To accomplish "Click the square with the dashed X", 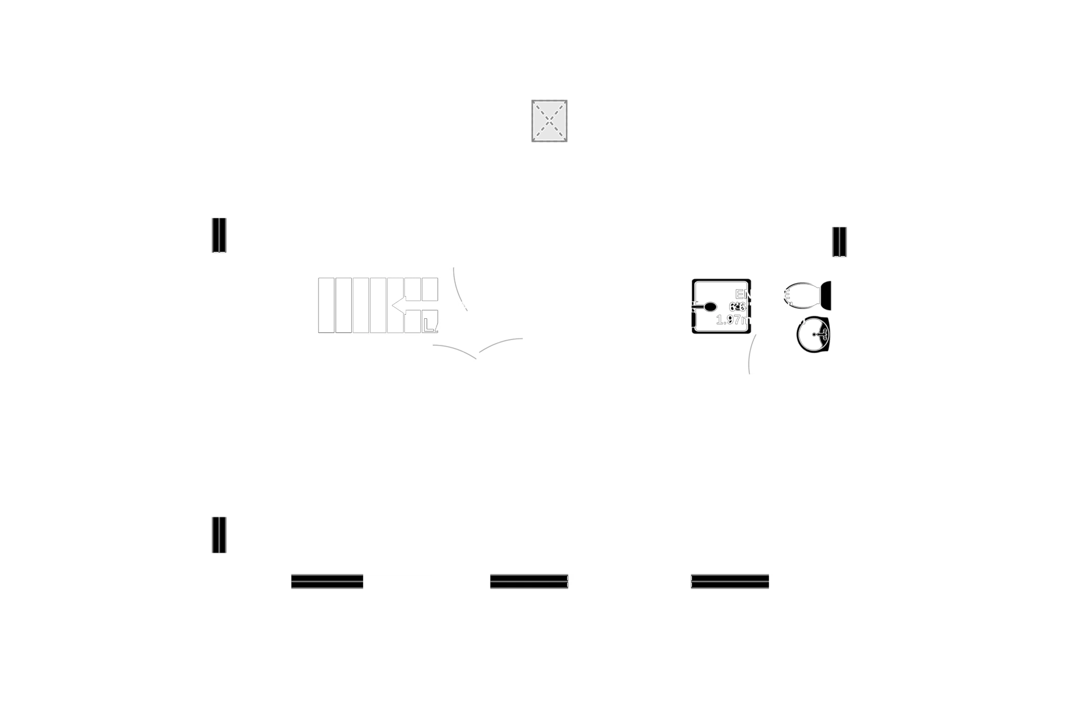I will (x=549, y=121).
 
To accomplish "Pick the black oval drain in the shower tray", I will (x=708, y=307).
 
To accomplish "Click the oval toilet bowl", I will (x=802, y=295).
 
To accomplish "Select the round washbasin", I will (x=813, y=334).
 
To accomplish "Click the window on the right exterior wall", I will (x=840, y=242).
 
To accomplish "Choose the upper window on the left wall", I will (x=219, y=235).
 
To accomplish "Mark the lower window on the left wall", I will (x=219, y=535).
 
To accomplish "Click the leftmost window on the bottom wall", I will (x=327, y=582).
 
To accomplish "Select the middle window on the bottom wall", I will (x=529, y=582).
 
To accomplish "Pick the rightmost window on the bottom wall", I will (x=730, y=582).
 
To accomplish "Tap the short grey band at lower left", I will (x=331, y=538).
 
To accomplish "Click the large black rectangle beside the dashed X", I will (x=701, y=124).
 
